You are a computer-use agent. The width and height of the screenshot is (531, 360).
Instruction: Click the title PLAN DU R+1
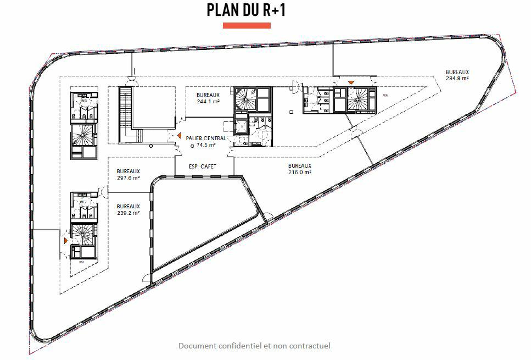point(246,10)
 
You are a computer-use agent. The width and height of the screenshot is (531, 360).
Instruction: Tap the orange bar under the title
point(246,25)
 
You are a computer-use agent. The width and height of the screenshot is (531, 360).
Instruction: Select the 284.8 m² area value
point(457,79)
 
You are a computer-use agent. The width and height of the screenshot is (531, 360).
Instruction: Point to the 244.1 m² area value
point(208,101)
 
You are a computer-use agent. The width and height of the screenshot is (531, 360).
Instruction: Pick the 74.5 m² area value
point(206,145)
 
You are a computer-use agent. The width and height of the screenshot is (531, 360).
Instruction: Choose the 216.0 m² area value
point(300,172)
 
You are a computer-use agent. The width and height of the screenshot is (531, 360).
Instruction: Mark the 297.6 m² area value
point(128,178)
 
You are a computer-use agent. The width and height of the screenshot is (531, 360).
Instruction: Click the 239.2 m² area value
point(128,213)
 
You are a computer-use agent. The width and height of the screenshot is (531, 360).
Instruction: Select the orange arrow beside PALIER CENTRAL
point(180,135)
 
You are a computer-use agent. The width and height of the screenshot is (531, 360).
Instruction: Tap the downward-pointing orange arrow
point(350,82)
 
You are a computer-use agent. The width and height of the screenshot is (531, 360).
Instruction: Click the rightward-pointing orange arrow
point(65,241)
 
